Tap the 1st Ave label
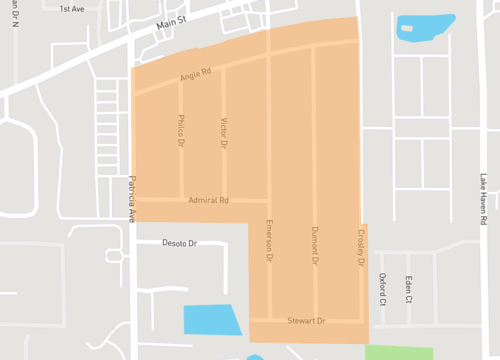72,9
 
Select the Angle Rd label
196,74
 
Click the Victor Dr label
223,132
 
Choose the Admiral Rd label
208,201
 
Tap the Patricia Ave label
131,200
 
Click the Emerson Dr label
269,241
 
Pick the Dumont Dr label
314,246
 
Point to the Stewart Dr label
307,321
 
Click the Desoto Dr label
180,243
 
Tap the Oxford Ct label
382,284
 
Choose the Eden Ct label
409,284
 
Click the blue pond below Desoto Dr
212,319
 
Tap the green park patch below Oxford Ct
398,352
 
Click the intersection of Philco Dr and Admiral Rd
181,197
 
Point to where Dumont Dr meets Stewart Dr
314,320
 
